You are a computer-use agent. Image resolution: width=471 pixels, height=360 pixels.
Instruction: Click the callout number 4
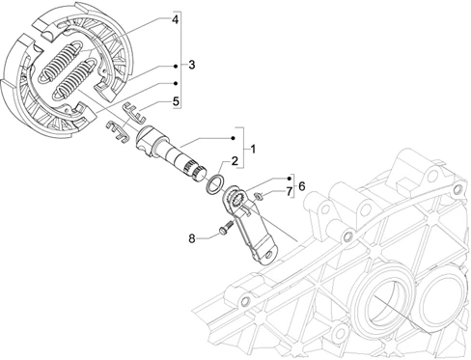click(x=175, y=19)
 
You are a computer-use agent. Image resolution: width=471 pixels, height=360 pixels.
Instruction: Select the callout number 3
click(x=192, y=65)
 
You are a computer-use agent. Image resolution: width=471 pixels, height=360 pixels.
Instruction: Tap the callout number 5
click(x=176, y=101)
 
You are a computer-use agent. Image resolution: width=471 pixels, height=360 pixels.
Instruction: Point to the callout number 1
click(x=254, y=150)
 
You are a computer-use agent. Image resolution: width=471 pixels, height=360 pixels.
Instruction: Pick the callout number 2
click(x=235, y=160)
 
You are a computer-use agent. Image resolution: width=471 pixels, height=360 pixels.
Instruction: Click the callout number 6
click(x=302, y=186)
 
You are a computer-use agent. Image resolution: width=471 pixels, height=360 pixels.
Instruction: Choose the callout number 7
click(x=289, y=192)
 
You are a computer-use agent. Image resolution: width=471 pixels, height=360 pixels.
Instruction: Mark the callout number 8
click(x=192, y=238)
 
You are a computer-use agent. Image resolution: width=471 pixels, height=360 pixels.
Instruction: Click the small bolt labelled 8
click(x=226, y=227)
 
